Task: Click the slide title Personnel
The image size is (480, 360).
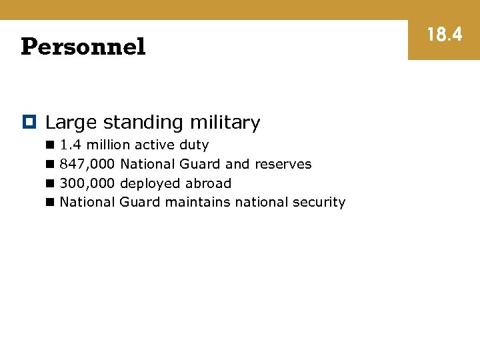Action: pos(83,47)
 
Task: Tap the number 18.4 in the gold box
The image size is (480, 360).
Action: pos(444,34)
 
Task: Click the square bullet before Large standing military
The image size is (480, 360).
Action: pos(29,122)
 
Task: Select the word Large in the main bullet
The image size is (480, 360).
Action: pos(71,123)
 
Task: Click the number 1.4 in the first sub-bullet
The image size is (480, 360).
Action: pos(71,145)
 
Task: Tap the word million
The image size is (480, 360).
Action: pos(109,145)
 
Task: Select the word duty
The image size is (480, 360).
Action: pos(193,145)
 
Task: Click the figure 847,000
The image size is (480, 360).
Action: pos(87,164)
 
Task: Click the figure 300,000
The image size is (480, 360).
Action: pos(87,183)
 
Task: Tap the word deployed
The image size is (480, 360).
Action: pos(151,184)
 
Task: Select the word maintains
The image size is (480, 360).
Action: pos(198,202)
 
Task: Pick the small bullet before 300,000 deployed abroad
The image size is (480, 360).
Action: pos(50,183)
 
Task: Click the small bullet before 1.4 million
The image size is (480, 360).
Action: pos(50,145)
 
